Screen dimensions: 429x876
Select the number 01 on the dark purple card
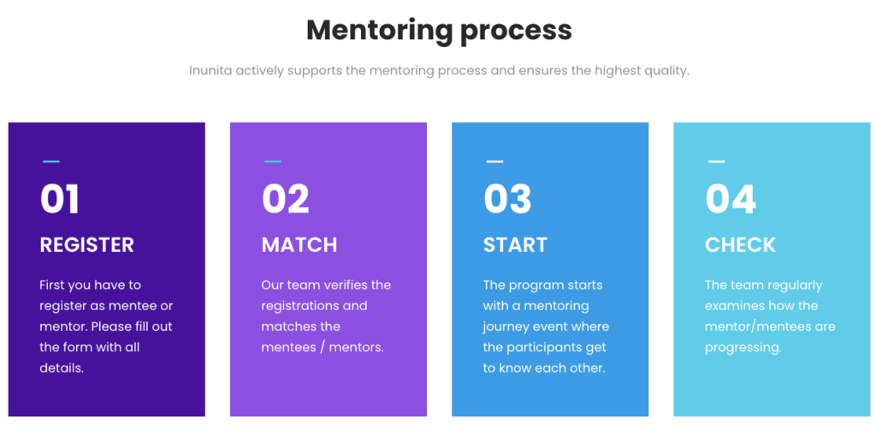coord(60,199)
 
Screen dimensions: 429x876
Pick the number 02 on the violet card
coord(285,199)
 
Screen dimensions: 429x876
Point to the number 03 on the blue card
coord(507,199)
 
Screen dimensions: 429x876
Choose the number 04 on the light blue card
coord(731,199)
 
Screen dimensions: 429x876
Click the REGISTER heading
coord(86,245)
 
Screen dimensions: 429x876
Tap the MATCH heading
coord(299,245)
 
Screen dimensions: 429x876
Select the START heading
coord(515,245)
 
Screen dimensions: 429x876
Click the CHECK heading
coord(740,245)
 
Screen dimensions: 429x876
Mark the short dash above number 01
coord(50,161)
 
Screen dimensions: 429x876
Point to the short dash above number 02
coord(272,161)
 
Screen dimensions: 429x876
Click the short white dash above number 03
coord(494,161)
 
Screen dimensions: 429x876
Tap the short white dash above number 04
coord(716,161)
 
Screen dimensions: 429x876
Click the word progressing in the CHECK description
coord(743,348)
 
